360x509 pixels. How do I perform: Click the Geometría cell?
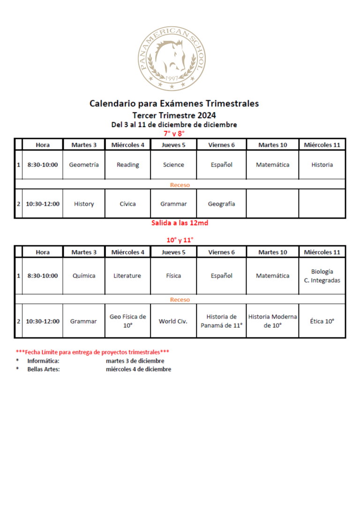point(84,165)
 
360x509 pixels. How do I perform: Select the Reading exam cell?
point(127,165)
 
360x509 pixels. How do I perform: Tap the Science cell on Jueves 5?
point(173,165)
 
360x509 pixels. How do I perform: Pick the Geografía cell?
point(222,204)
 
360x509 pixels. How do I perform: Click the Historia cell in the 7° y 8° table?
point(322,165)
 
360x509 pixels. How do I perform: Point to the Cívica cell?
point(127,204)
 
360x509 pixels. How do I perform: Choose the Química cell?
point(84,276)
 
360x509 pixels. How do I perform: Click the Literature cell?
point(127,276)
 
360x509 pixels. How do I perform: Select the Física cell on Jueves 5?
point(173,276)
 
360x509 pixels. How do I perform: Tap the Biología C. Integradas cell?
point(322,276)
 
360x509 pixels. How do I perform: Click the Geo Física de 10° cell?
point(127,321)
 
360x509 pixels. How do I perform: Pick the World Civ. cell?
point(173,321)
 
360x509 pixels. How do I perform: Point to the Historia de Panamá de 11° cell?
point(222,321)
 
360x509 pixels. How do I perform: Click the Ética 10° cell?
point(322,321)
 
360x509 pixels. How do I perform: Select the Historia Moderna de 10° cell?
point(272,321)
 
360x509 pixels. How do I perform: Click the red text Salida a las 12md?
point(180,223)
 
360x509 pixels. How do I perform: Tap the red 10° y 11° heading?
point(180,240)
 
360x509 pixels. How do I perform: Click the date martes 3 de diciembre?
point(135,361)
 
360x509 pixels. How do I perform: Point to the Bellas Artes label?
point(44,369)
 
